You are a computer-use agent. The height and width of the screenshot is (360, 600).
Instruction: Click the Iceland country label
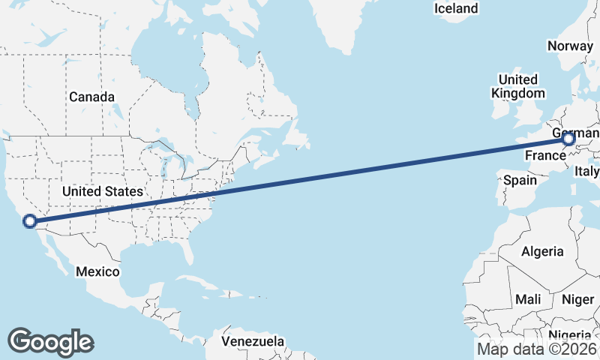coord(456,8)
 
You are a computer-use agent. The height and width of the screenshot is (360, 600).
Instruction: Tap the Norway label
coord(570,46)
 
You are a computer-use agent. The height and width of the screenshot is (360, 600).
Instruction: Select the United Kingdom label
coord(517,86)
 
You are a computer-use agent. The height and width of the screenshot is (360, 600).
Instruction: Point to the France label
coord(544,156)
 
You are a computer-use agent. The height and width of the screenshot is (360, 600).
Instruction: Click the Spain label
coord(520,180)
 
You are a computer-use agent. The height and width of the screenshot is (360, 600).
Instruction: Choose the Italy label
coord(587,172)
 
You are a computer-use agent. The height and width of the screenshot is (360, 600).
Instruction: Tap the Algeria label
coord(541,250)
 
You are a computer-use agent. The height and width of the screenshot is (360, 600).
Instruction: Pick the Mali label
coord(528,299)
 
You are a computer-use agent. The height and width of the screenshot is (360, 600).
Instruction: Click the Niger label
coord(577,299)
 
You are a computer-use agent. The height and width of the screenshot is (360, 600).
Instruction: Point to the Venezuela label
coord(253,341)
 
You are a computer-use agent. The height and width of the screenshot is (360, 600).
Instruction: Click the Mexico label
coord(97,271)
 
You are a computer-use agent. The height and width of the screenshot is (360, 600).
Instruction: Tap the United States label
coord(102,191)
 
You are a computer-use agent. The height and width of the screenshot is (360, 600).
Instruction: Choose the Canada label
coord(91,97)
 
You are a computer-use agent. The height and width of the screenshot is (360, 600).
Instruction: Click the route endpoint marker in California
coord(30,221)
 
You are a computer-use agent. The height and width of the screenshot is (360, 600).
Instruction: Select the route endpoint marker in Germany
coord(568,139)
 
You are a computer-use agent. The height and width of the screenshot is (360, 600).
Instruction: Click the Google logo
coord(50,341)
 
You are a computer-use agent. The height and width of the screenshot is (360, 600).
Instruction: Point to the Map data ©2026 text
coord(537,349)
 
